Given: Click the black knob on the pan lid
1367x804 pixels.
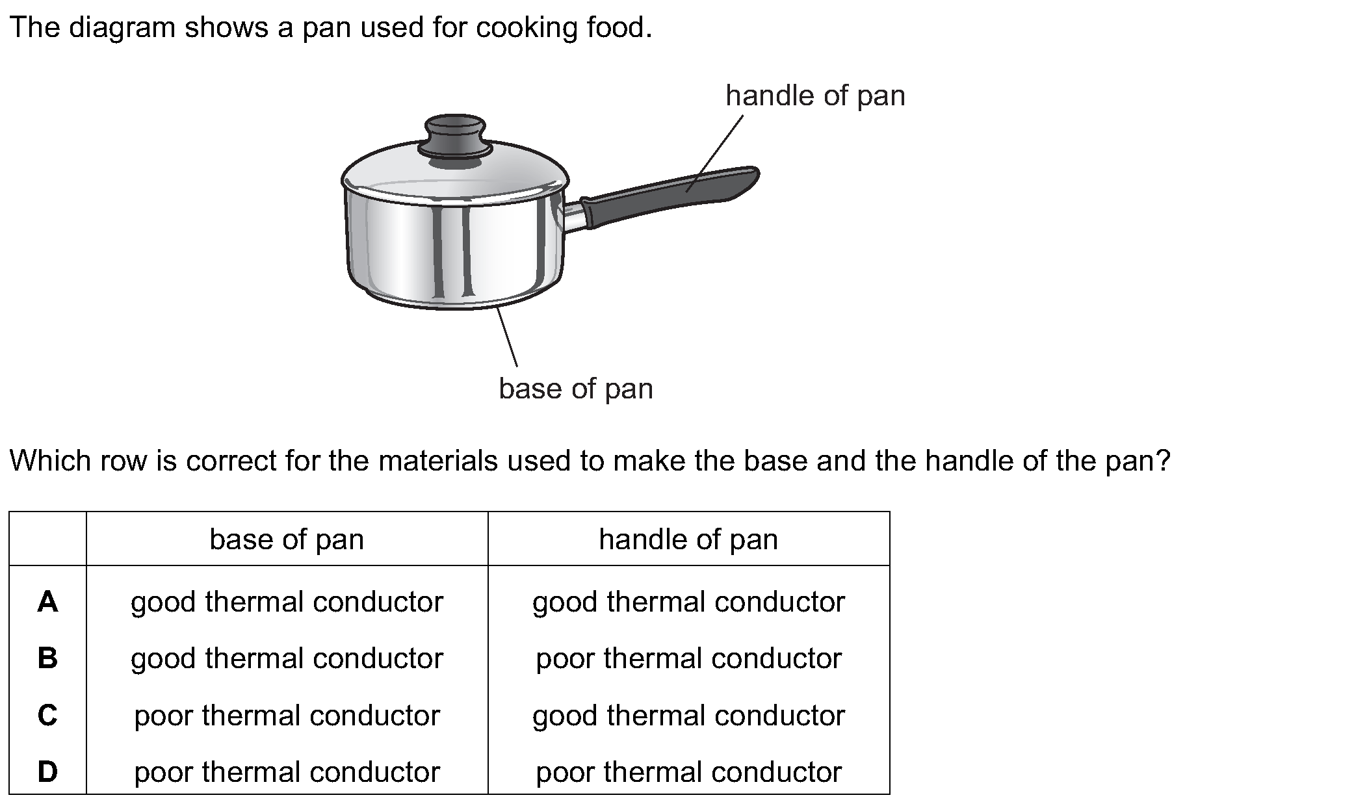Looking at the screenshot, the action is click(455, 136).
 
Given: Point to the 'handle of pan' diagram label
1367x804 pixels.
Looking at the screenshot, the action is click(815, 96).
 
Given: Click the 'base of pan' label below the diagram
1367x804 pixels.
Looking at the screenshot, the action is click(576, 389).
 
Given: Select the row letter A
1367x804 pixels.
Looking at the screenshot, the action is click(47, 602).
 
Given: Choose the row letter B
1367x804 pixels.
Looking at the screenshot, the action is click(47, 658).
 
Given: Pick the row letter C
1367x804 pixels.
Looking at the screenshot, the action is click(47, 716).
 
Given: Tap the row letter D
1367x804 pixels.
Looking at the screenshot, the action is click(47, 772).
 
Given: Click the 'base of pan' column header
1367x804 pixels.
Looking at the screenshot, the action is click(287, 539).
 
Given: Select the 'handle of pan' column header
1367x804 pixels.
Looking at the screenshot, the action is click(688, 539).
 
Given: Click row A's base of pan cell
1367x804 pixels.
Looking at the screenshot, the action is click(287, 602).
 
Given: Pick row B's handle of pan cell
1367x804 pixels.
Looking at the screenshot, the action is click(688, 658).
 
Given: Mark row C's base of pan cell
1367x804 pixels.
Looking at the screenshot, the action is click(287, 716).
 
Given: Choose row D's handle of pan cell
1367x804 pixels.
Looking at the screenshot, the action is click(688, 772).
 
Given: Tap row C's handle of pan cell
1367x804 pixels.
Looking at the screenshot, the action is click(688, 716).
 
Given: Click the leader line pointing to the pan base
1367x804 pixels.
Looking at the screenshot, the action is click(508, 337).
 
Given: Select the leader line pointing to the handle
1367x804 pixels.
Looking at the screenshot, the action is click(715, 153).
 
